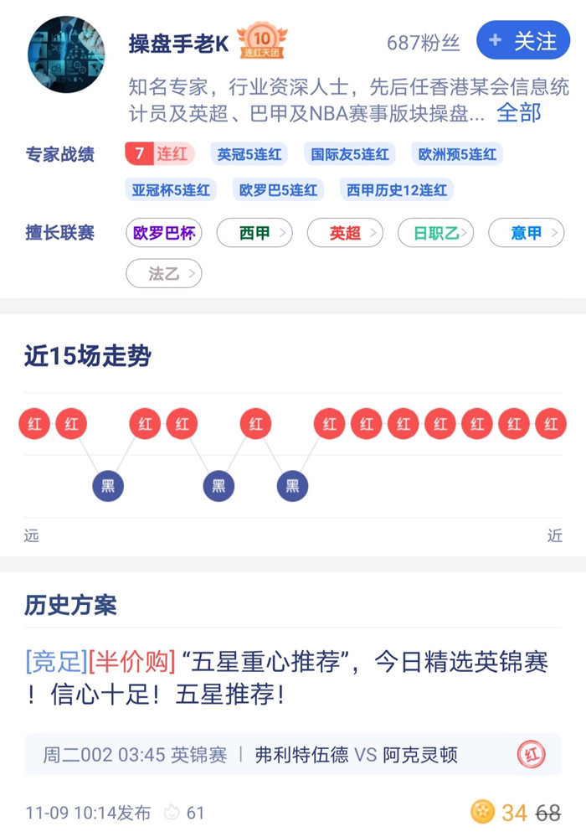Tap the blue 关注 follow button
point(523,40)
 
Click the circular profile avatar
point(66,54)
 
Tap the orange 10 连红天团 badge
point(262,40)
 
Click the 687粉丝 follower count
point(424,43)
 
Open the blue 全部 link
point(519,112)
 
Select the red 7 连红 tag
point(159,153)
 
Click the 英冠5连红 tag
point(249,154)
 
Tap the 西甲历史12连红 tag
point(397,190)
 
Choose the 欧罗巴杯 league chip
point(164,233)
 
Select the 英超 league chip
point(345,233)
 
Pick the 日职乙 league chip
point(435,233)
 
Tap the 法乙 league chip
point(164,273)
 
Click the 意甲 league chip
point(527,233)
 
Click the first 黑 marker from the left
point(108,486)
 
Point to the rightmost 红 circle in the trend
point(551,424)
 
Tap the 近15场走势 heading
point(88,356)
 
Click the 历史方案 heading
point(70,605)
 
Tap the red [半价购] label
point(131,662)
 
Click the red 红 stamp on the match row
point(532,755)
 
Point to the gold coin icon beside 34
point(482,812)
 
